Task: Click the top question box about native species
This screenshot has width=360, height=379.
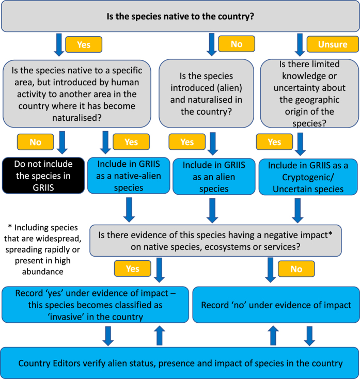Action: coord(180,17)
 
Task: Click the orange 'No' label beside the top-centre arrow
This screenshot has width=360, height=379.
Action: coord(237,44)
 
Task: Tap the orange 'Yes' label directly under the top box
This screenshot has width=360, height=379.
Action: coord(83,44)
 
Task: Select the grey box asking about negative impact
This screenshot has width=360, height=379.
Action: coord(215,240)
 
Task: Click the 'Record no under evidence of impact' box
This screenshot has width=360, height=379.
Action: coord(275,305)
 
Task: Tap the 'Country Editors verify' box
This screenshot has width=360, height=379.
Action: coord(180,363)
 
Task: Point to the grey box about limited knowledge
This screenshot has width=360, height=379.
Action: coord(309,93)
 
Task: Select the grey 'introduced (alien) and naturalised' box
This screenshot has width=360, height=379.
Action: coord(206,93)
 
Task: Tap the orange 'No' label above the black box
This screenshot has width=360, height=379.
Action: coord(35,141)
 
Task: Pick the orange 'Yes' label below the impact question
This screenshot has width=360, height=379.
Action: coord(132,268)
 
